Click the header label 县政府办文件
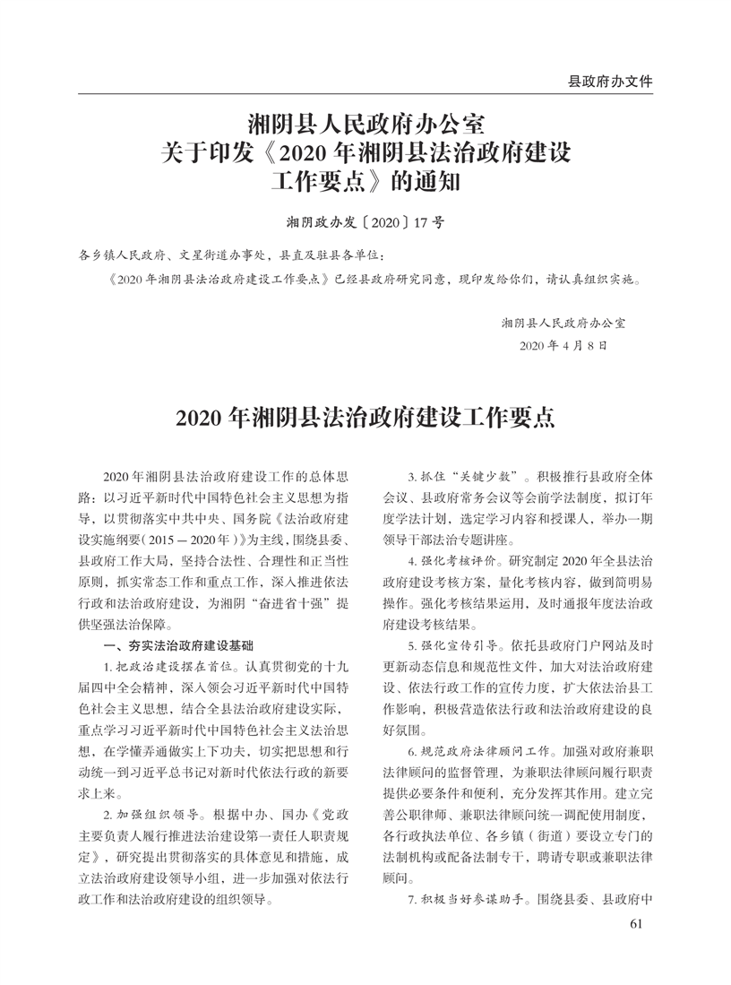click(610, 81)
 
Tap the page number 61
click(637, 924)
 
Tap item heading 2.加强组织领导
click(157, 817)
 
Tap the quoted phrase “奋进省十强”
click(285, 604)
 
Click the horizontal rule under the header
click(365, 92)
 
